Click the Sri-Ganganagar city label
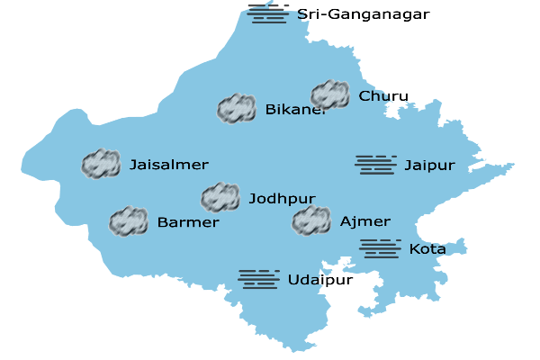tap(364, 14)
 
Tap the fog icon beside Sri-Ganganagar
tap(268, 13)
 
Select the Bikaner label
tap(295, 110)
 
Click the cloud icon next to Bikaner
tap(237, 109)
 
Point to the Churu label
tap(383, 96)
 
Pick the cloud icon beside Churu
tap(330, 94)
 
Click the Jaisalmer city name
tap(169, 165)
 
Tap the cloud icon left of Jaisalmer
tap(101, 164)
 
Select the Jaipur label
tap(429, 166)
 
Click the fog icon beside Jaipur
tap(376, 164)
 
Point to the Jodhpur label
tap(282, 198)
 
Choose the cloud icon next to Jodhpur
tap(220, 197)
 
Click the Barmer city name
tap(188, 222)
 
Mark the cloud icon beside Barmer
tap(129, 221)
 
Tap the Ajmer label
tap(365, 221)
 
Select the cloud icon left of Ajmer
tap(311, 220)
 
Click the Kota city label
tap(427, 248)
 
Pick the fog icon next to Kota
tap(380, 248)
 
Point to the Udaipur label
tap(320, 280)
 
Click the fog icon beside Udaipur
tap(259, 279)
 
